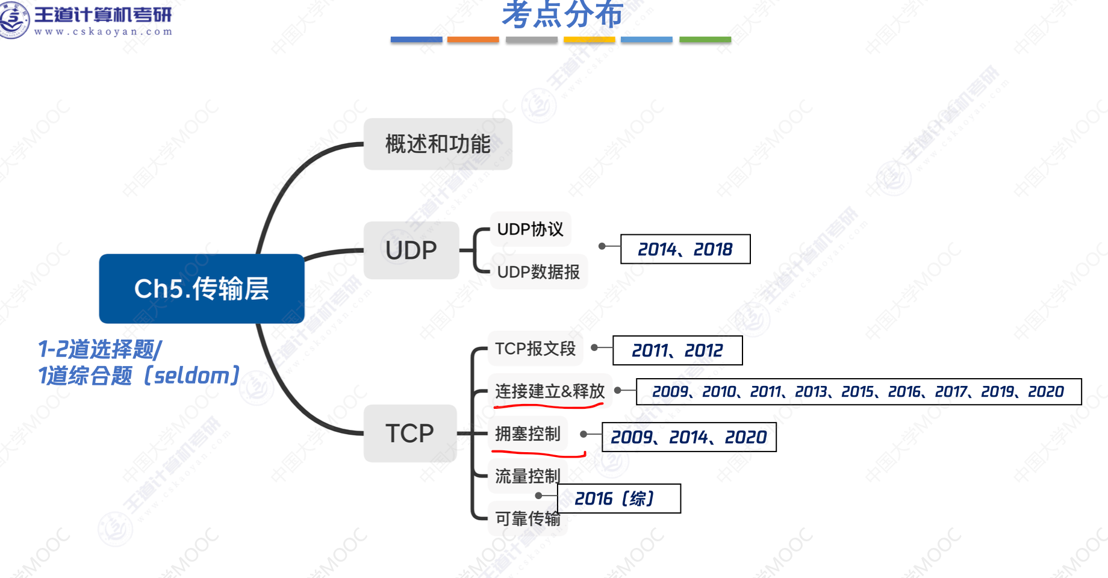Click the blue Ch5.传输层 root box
(202, 289)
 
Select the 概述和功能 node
(438, 144)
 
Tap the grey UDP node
(411, 250)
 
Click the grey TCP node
(410, 433)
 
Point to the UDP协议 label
(530, 229)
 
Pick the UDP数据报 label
(538, 272)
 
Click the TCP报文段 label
(535, 349)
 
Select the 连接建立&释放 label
(550, 391)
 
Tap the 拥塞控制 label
(528, 433)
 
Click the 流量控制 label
(528, 476)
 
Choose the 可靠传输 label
(528, 518)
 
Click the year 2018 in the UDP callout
(713, 249)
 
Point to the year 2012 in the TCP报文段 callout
(704, 350)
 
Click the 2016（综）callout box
(619, 499)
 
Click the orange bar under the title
(473, 40)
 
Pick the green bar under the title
(705, 40)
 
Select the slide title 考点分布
(562, 14)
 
